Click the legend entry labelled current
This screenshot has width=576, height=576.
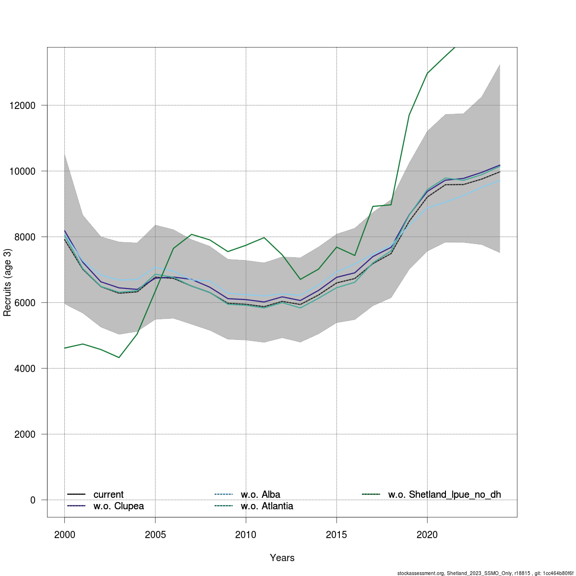pyautogui.click(x=108, y=494)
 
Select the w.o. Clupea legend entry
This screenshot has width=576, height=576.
pyautogui.click(x=118, y=506)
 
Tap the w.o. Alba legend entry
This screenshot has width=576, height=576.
pyautogui.click(x=260, y=494)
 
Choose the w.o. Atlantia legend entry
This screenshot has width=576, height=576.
pyautogui.click(x=267, y=506)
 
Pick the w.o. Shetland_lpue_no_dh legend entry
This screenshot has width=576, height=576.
pyautogui.click(x=444, y=494)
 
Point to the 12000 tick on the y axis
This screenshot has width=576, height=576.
pyautogui.click(x=23, y=105)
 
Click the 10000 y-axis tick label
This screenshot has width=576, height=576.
pyautogui.click(x=23, y=171)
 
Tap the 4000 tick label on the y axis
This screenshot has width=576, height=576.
pyautogui.click(x=25, y=368)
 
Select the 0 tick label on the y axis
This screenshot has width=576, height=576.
pyautogui.click(x=33, y=500)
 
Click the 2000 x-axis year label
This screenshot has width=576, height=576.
pyautogui.click(x=64, y=534)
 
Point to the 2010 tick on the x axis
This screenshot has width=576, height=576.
pyautogui.click(x=246, y=534)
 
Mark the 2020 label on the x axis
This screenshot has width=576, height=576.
pyautogui.click(x=427, y=534)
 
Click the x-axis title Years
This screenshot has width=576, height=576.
pyautogui.click(x=282, y=558)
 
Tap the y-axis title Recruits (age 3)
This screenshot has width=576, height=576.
pyautogui.click(x=7, y=282)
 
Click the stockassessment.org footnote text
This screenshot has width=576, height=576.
pyautogui.click(x=485, y=573)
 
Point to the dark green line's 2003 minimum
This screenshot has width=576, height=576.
pyautogui.click(x=119, y=358)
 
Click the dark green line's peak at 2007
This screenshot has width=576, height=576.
pyautogui.click(x=192, y=234)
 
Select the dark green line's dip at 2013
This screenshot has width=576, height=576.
pyautogui.click(x=300, y=279)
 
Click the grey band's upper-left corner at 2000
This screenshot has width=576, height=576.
pyautogui.click(x=64, y=154)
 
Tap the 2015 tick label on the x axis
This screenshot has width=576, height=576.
pyautogui.click(x=336, y=534)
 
